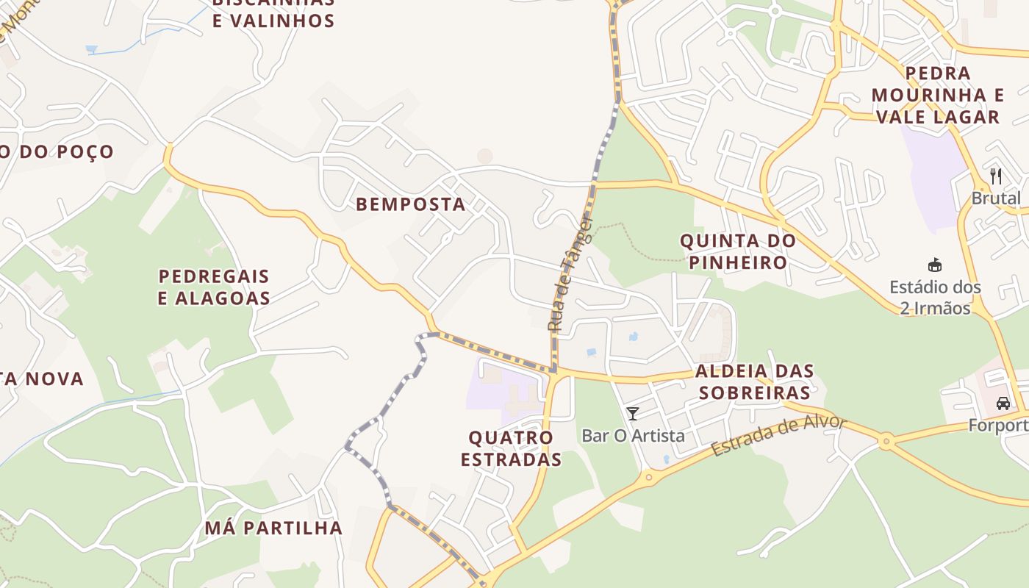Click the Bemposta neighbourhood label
click(411, 204)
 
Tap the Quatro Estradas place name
click(511, 448)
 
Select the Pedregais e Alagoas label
click(215, 287)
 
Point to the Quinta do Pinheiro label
click(737, 251)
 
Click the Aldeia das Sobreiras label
click(754, 381)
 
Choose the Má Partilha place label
click(273, 528)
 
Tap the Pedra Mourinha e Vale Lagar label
click(937, 95)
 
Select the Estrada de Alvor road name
click(778, 437)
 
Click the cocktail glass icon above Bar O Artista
click(633, 414)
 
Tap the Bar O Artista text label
click(633, 436)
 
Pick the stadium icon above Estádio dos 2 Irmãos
click(935, 265)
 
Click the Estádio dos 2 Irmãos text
click(935, 297)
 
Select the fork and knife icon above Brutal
click(996, 176)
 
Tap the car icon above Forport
click(1003, 403)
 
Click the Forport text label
click(1000, 426)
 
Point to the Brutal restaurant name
click(997, 198)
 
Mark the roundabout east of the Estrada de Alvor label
click(886, 442)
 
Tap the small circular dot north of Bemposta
click(484, 156)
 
